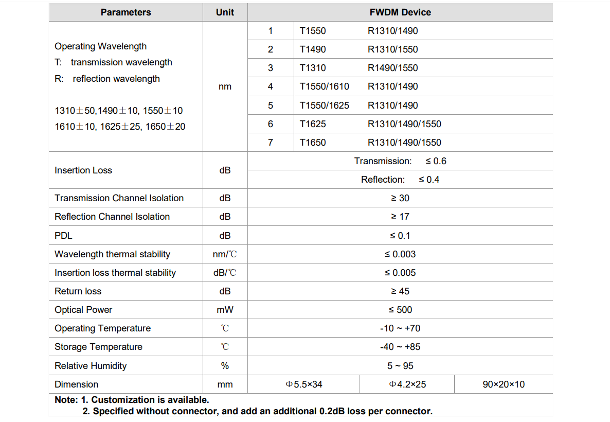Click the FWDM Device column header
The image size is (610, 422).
(400, 12)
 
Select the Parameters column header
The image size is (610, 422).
(126, 12)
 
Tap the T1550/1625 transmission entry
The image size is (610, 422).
(324, 105)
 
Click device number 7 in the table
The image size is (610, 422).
(271, 143)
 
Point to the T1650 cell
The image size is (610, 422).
(313, 143)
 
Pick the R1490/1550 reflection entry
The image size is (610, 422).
(392, 68)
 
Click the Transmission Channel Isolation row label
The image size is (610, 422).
(119, 198)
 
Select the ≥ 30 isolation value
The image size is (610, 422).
(400, 198)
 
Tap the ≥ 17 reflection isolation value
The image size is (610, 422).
(400, 217)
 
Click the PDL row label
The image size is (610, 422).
(63, 236)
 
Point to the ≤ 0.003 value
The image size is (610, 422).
(400, 254)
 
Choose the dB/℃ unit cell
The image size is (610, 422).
(225, 273)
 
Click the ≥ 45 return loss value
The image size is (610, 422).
(400, 291)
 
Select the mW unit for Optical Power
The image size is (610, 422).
(225, 310)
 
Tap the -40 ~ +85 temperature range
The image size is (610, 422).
(400, 347)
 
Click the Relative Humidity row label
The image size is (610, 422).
(91, 366)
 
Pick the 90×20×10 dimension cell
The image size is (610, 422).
(504, 384)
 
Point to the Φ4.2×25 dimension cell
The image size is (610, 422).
(407, 384)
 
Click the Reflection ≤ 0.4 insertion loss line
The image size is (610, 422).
(400, 180)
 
